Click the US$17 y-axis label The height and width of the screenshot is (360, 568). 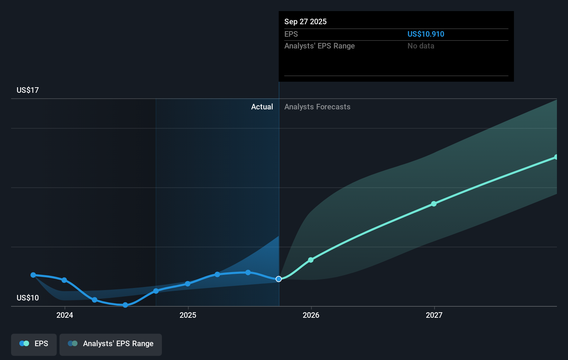coord(28,90)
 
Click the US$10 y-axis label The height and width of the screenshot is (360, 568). coord(28,298)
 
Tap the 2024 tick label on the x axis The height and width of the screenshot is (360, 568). coord(65,315)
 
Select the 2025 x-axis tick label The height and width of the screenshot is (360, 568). coord(188,315)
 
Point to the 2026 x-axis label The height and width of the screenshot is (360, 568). coord(311,315)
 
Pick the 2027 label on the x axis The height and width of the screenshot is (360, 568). coord(434,315)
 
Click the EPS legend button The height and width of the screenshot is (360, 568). coord(34,344)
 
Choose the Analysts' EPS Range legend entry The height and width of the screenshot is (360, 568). coord(111,344)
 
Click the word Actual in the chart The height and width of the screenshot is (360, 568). coord(262,107)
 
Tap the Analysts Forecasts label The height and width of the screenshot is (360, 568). coord(317,107)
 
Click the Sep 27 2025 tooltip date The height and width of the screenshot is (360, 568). coord(305,22)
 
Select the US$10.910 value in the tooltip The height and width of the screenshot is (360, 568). coord(425,34)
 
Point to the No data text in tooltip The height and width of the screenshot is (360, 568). coord(421,46)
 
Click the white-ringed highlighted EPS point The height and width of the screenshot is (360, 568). coord(278,279)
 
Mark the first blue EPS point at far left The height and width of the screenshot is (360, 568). coord(33,275)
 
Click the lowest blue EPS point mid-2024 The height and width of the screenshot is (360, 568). coord(125,305)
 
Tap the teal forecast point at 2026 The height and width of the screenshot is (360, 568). coord(311,260)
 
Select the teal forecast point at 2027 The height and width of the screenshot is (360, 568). coord(434,204)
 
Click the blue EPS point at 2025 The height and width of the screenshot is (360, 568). coord(187,284)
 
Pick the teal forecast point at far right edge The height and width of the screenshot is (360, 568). coord(556,157)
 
